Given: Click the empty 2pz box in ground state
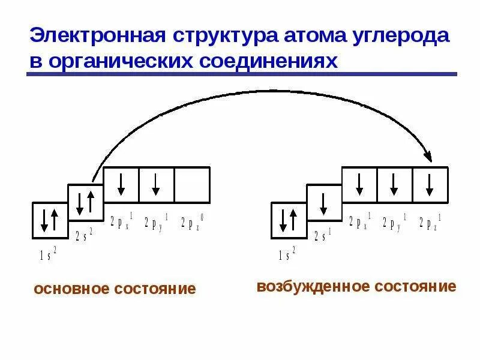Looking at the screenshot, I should (x=192, y=185).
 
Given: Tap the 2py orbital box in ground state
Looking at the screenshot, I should (x=157, y=185).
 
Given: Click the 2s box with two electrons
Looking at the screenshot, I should (x=85, y=202).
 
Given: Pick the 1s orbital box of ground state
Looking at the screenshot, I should (x=49, y=220).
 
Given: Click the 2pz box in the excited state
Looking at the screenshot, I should (x=430, y=185).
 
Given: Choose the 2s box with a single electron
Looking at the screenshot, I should (x=324, y=202).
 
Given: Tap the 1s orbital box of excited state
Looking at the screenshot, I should (x=289, y=220).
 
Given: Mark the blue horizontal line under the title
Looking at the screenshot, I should (x=240, y=74).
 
